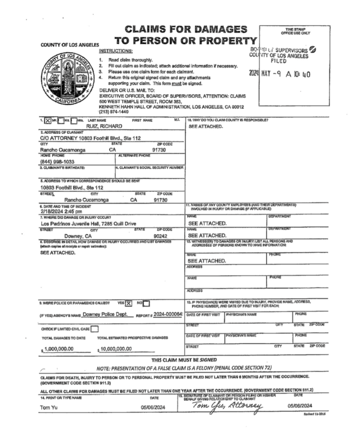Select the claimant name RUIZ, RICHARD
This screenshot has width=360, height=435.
[104, 126]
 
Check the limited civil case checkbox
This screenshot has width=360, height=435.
[95, 328]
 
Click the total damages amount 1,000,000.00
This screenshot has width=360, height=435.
[59, 349]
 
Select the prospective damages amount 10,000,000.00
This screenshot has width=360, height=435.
[116, 349]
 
